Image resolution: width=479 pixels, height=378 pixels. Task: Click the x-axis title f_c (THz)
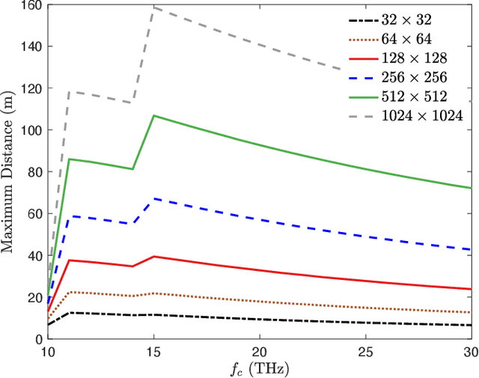click(x=259, y=368)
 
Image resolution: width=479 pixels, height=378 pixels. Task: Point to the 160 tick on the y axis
click(x=30, y=5)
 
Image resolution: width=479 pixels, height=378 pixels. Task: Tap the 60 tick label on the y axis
click(x=33, y=213)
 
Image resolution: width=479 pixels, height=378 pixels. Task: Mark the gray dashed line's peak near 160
click(x=153, y=7)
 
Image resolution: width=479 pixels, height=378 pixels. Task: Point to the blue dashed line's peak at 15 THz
click(x=153, y=198)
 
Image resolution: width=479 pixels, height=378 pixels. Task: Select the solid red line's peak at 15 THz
click(x=153, y=256)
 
